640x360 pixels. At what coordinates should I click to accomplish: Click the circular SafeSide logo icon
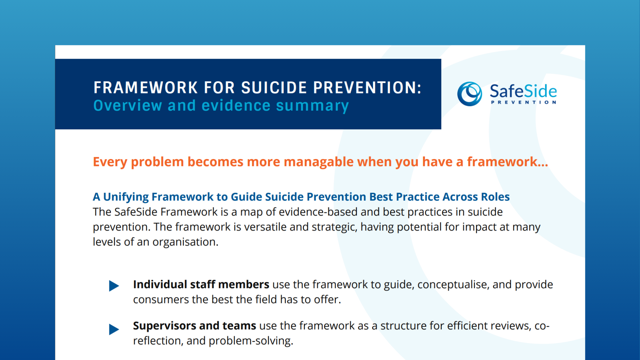click(469, 94)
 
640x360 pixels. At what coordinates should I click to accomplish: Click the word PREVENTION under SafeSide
click(523, 102)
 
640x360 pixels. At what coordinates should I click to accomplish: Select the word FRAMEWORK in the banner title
click(146, 88)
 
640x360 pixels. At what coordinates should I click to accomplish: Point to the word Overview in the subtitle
click(128, 106)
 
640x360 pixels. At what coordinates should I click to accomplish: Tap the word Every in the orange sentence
click(110, 162)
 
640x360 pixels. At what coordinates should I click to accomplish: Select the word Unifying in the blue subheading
click(126, 197)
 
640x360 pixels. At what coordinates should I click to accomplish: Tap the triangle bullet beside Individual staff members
click(114, 286)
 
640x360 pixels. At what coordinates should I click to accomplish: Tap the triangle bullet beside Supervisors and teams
click(114, 329)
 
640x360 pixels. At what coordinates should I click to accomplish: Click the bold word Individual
click(160, 285)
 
